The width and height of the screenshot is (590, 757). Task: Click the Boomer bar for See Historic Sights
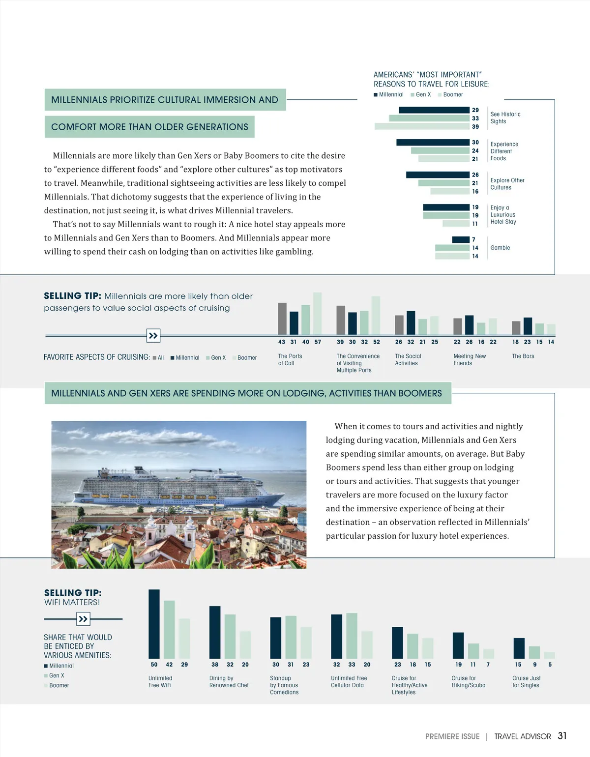[x=422, y=126]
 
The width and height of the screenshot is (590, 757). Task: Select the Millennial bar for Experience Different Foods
[x=433, y=143]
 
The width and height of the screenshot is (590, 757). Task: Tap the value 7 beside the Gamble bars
[x=473, y=240]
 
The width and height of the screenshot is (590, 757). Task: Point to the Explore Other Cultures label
[x=507, y=184]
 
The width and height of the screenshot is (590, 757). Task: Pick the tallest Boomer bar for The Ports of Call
[x=318, y=313]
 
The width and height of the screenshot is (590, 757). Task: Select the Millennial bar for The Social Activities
[x=411, y=322]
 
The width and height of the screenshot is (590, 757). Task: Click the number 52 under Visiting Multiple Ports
[x=377, y=342]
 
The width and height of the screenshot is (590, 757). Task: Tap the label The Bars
[x=523, y=356]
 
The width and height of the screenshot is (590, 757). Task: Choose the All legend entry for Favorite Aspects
[x=158, y=358]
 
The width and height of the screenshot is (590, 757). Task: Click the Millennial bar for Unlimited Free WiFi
[x=154, y=624]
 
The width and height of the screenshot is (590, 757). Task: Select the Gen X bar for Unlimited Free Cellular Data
[x=352, y=636]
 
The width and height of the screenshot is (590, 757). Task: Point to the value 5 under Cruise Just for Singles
[x=550, y=665]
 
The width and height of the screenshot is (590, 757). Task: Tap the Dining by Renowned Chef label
[x=229, y=682]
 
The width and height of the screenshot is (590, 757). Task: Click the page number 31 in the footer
[x=562, y=736]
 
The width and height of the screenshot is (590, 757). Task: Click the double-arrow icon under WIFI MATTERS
[x=83, y=619]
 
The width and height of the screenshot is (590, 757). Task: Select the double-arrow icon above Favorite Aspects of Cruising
[x=153, y=336]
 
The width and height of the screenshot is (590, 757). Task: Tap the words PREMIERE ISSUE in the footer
[x=452, y=736]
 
